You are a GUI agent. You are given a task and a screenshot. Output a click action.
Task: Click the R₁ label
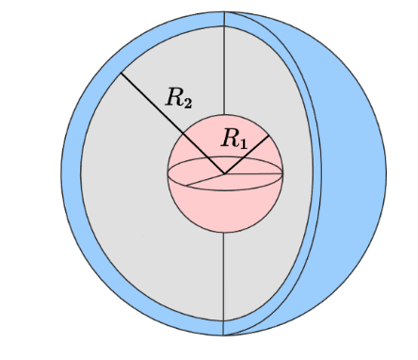[x=234, y=140]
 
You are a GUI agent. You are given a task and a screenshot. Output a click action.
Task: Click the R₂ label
[x=180, y=95]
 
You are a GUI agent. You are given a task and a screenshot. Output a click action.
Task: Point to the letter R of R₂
[x=175, y=94]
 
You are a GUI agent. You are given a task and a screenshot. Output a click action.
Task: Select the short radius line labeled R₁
[x=247, y=155]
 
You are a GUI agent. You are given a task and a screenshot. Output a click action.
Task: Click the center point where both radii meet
[x=224, y=173]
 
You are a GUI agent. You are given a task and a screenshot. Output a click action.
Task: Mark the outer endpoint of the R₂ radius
[x=119, y=73]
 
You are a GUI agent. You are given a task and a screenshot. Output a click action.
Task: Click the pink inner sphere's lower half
[x=224, y=207]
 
